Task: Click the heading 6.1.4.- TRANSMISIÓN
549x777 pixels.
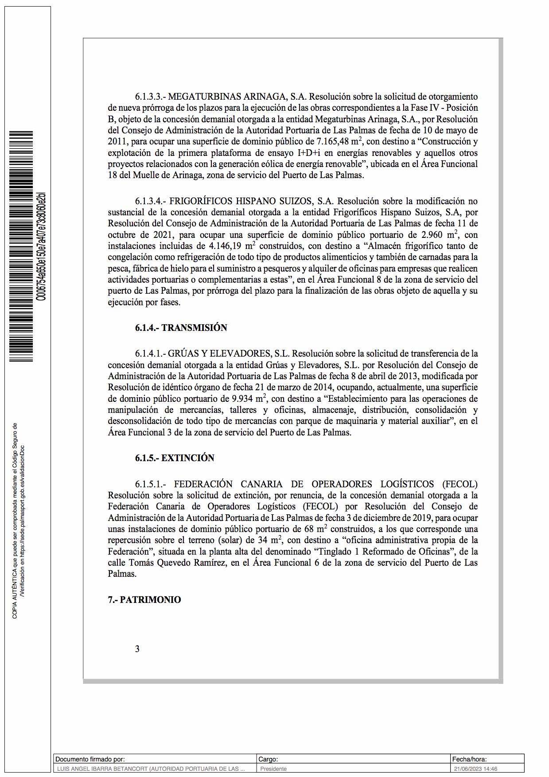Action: [181, 328]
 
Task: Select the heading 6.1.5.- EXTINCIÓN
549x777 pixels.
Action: [175, 458]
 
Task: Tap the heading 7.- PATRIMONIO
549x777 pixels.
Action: [144, 600]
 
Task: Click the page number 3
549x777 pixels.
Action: [137, 649]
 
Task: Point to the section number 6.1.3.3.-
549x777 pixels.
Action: [151, 97]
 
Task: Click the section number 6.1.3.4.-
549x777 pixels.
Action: [151, 201]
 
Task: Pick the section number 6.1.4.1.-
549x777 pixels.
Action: [151, 354]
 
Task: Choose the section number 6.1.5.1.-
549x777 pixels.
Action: [151, 484]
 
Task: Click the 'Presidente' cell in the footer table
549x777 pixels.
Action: [273, 769]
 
